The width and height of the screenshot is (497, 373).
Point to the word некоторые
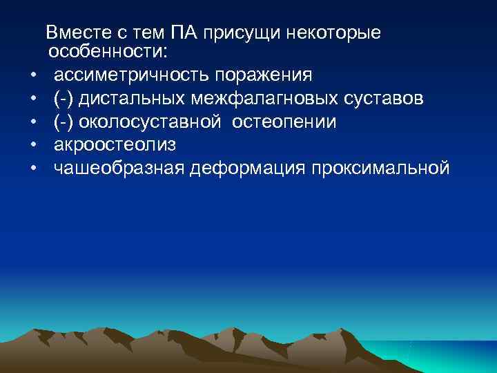tap(333, 32)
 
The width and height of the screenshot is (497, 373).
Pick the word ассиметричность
tap(131, 75)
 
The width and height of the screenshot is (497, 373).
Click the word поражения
tap(264, 75)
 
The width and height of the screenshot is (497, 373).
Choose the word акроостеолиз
tap(115, 145)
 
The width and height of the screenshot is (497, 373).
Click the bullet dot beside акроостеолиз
tap(32, 146)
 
